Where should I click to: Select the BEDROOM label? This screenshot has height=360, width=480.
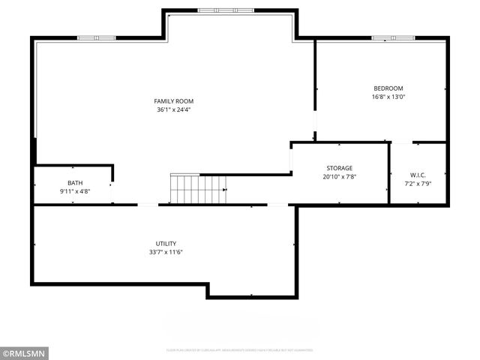pos(388,88)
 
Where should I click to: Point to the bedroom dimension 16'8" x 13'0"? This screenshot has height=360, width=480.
pos(388,97)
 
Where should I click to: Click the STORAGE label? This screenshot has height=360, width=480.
pos(339,168)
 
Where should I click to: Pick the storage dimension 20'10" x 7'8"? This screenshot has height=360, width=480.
pos(339,177)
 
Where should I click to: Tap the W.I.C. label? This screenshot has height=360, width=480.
pos(418,175)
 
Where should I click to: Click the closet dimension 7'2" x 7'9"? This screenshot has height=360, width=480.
pos(418,183)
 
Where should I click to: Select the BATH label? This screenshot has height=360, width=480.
pos(75,183)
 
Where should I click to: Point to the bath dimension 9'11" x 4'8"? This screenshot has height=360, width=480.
pos(75,192)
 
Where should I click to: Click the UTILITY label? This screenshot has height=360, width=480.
pos(166,244)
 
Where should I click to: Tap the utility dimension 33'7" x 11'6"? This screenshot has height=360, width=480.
pos(166,253)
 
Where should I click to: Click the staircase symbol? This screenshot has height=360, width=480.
pos(198,189)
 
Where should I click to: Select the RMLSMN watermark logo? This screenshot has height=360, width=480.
pos(24,353)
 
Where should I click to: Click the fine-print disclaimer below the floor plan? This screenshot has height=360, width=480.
pos(240,350)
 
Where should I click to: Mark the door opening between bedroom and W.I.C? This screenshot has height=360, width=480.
pos(402,142)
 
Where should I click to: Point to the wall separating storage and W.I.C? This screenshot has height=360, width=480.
pos(389,172)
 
